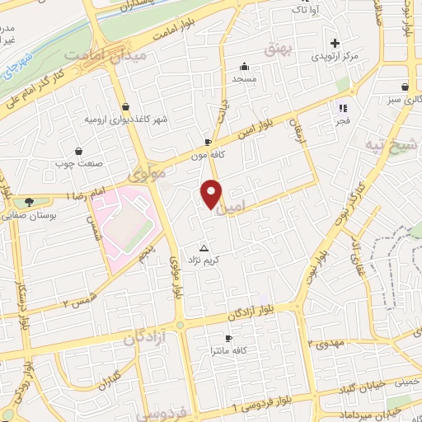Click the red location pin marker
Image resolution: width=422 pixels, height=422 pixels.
point(212,194)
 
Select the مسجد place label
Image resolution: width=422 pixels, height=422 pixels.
point(245,78)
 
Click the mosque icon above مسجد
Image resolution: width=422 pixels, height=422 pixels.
point(245,67)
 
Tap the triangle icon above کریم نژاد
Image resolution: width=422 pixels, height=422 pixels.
point(204,247)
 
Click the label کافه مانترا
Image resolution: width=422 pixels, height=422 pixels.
point(228,351)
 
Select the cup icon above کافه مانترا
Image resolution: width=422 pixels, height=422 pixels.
point(228,339)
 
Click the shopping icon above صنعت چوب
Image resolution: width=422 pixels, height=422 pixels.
point(77,151)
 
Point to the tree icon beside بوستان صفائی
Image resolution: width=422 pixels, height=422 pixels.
point(30,203)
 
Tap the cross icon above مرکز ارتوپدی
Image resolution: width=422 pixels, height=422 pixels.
point(335,43)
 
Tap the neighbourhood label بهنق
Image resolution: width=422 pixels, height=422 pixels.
point(279,51)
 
